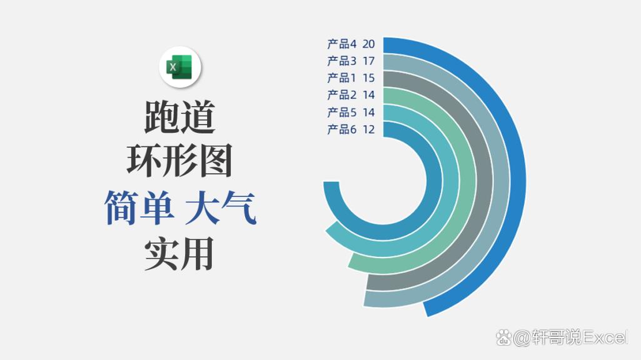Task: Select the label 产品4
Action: [x=341, y=44]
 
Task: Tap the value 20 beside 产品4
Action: [x=368, y=44]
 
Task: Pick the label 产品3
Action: [x=341, y=61]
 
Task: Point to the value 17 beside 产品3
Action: [x=368, y=61]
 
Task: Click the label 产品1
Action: [x=341, y=78]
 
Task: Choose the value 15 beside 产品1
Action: [x=368, y=78]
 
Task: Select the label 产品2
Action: [x=341, y=95]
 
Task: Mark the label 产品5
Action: [x=341, y=112]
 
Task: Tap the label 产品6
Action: [x=341, y=129]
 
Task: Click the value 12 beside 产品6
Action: [x=368, y=129]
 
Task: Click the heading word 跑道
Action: [x=179, y=117]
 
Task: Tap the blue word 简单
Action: [x=139, y=208]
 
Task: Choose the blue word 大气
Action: [x=221, y=208]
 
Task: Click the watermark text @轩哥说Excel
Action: [x=568, y=338]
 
